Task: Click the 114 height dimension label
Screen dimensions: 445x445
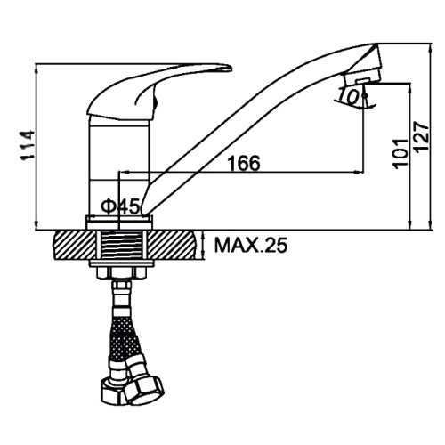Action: click(x=27, y=145)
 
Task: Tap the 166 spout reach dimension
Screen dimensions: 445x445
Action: click(x=244, y=163)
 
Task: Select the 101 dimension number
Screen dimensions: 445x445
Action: click(x=400, y=153)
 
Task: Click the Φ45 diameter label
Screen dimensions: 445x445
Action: click(x=120, y=206)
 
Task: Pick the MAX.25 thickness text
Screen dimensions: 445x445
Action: click(x=251, y=246)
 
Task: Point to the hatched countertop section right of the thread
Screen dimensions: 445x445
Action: click(x=173, y=245)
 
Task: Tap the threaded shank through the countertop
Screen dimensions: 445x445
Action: click(x=121, y=246)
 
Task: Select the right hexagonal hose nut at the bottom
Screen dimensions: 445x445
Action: click(x=143, y=388)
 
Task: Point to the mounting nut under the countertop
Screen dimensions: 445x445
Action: click(x=122, y=273)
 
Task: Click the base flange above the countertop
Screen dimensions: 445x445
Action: click(x=119, y=222)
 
